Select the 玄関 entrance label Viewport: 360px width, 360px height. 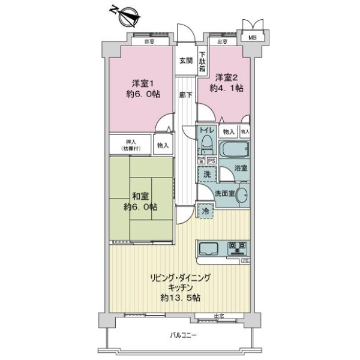[x=186, y=61]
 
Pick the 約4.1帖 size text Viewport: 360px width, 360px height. [x=227, y=88]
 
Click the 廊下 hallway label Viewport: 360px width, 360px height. [x=185, y=95]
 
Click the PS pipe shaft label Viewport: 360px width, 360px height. [x=211, y=160]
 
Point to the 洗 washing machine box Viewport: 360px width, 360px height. [x=206, y=174]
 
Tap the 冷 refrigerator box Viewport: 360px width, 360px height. [x=205, y=211]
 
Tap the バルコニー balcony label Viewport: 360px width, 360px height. [x=181, y=334]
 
